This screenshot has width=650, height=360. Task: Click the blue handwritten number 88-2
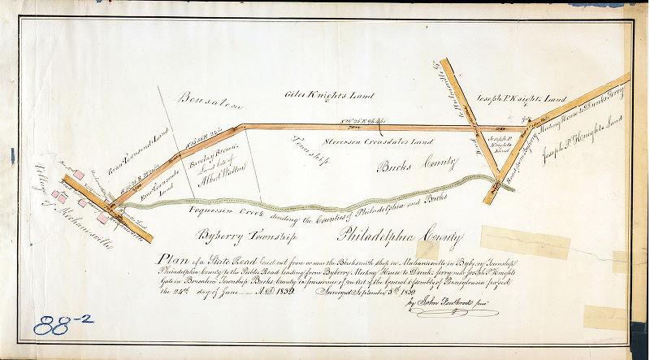click(x=63, y=324)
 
